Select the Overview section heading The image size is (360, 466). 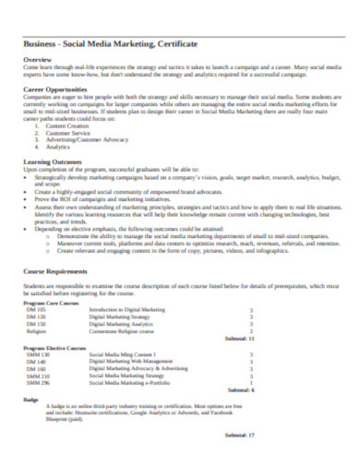[38, 61]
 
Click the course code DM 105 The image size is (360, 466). [36, 310]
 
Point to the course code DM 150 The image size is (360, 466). [36, 324]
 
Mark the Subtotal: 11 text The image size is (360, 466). [239, 339]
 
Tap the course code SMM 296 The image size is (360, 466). [39, 382]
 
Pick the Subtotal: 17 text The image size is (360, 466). [239, 434]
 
